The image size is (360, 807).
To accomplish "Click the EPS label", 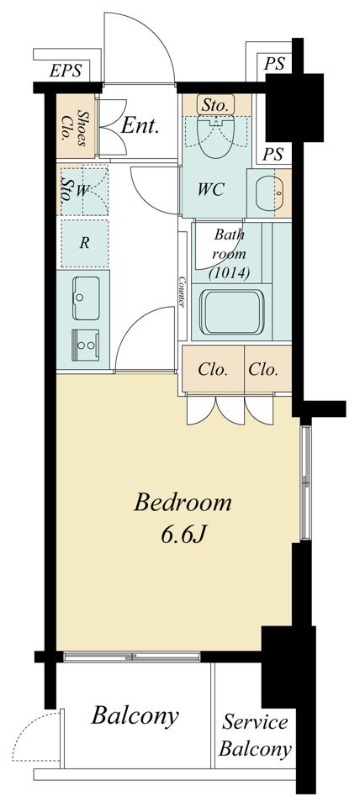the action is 66,71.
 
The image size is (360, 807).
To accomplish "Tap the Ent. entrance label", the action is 140,125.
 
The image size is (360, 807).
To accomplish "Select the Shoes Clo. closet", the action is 76,125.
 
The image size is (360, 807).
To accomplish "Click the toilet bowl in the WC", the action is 216,136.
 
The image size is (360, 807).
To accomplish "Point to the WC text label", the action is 211,189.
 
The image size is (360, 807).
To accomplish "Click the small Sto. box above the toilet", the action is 216,105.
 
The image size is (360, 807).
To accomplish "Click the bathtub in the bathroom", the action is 232,312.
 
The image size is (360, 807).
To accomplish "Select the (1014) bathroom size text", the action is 229,274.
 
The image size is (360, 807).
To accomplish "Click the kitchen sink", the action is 86,298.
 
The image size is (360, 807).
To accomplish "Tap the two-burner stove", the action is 86,345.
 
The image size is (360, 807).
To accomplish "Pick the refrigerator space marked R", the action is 84,244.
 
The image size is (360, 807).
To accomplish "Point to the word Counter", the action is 182,292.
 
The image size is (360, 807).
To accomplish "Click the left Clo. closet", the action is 213,369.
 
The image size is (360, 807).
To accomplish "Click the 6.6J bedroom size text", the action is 183,535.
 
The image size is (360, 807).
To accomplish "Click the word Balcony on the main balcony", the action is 135,716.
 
